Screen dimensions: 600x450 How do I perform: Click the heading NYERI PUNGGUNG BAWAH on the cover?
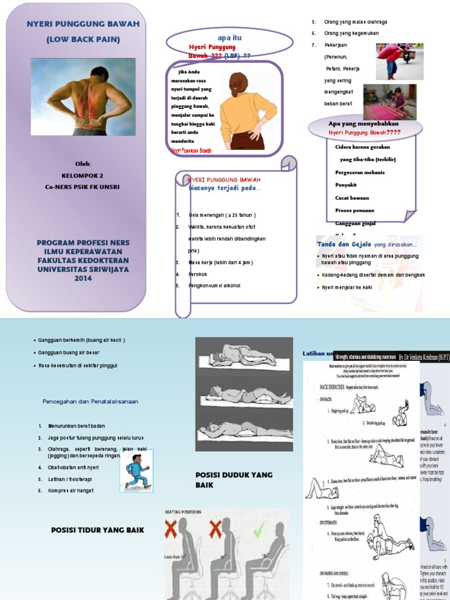83,24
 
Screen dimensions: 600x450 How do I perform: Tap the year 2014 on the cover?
83,278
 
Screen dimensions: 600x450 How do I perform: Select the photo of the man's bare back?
83,97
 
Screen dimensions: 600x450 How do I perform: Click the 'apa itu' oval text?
230,37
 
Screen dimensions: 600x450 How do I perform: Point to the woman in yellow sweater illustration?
246,111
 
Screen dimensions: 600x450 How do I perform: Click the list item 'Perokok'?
198,274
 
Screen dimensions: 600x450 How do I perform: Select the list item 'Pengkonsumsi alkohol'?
214,286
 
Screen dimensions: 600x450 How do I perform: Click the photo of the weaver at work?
390,101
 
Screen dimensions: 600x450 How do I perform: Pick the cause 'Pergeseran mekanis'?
360,172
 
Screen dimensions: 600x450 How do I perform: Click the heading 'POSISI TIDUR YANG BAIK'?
97,530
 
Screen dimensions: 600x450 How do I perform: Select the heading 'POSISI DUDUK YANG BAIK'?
234,479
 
